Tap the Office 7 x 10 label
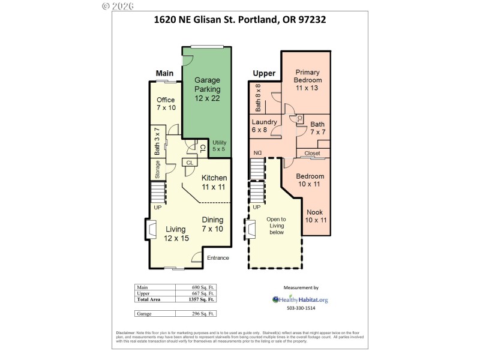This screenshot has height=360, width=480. [166, 103]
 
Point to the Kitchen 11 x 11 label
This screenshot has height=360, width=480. [214, 182]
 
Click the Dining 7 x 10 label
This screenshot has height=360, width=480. [212, 224]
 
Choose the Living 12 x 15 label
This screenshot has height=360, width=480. [176, 233]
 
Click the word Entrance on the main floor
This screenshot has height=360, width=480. [218, 258]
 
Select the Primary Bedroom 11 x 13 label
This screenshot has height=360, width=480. [308, 80]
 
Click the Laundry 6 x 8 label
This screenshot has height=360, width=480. [264, 126]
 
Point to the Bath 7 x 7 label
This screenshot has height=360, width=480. [317, 128]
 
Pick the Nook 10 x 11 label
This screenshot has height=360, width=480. [314, 216]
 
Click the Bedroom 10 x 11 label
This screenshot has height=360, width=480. [311, 180]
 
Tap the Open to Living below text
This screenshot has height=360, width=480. [276, 226]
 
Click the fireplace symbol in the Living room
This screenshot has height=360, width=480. [150, 229]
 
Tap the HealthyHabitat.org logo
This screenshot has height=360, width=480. [300, 299]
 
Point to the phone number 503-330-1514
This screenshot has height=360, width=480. [300, 308]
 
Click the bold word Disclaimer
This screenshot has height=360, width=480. [128, 333]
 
